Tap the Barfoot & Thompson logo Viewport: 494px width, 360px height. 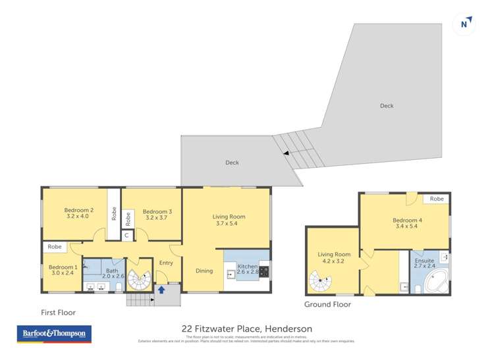(x=54, y=334)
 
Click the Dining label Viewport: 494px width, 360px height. (x=204, y=270)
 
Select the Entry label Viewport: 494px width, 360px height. (x=166, y=263)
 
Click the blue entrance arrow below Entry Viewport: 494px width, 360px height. (x=161, y=289)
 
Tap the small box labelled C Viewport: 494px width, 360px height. (x=126, y=235)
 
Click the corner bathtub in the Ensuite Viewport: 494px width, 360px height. (x=435, y=282)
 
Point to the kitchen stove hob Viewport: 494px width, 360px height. (x=263, y=270)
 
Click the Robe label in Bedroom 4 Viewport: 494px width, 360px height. (x=437, y=199)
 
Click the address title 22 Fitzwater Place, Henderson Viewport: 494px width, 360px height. (x=246, y=328)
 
